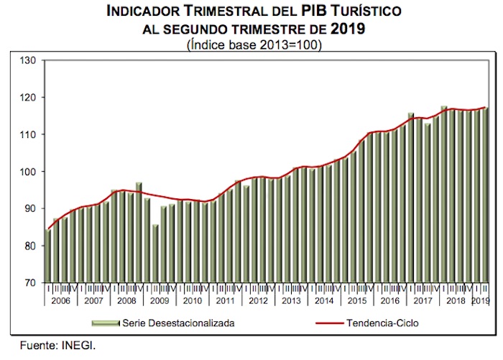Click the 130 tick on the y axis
29,60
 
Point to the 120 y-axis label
29,97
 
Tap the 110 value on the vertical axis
29,134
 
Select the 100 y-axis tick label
29,172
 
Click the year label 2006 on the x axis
61,300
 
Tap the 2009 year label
160,300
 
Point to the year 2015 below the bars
356,300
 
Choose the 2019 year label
481,300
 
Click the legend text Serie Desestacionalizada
179,323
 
